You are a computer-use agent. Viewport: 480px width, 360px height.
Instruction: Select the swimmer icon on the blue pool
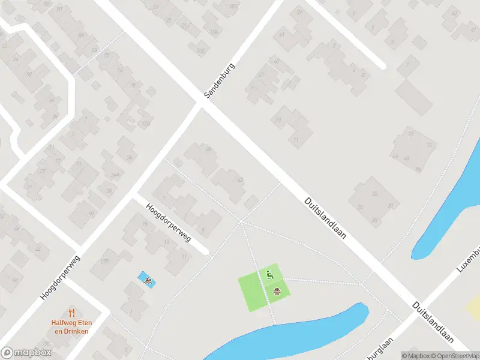[146, 280]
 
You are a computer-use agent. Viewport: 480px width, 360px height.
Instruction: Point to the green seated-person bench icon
[269, 275]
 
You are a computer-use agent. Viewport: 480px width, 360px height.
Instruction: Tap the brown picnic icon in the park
[277, 292]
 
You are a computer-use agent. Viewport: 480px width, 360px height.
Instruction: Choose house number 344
[114, 175]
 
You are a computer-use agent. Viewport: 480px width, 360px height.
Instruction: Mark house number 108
[200, 50]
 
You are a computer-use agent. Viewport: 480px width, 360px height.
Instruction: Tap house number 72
[429, 146]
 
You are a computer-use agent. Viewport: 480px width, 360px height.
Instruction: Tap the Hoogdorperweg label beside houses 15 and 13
[168, 222]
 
